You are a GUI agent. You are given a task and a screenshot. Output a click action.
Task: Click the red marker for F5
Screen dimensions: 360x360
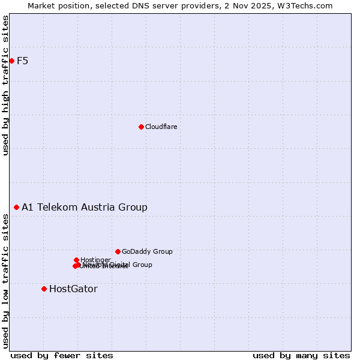pos(11,61)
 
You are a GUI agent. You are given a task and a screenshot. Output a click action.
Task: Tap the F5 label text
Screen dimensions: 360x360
pos(23,61)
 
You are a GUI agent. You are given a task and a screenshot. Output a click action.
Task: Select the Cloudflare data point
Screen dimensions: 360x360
pos(141,127)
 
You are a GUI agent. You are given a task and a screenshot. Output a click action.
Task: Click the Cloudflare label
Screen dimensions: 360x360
pos(161,127)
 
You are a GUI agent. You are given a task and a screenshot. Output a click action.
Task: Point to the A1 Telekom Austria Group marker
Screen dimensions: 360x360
pos(17,207)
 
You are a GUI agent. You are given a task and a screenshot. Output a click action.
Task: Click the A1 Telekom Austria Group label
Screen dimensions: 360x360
pos(85,207)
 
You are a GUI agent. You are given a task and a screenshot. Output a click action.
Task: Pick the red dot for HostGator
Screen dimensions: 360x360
pos(44,289)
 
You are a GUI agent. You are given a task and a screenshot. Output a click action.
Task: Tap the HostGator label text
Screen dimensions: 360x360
pos(73,289)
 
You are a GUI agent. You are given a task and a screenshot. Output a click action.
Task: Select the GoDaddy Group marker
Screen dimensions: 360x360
pos(118,251)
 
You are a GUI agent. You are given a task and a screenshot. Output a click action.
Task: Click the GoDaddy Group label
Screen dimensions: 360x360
pos(147,251)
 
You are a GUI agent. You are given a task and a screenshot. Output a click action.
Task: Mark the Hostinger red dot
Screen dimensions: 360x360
pos(76,260)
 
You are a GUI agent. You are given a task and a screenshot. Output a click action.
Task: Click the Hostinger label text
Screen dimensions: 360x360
pos(95,260)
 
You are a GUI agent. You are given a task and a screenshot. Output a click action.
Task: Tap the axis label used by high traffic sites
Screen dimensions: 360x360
pos(6,85)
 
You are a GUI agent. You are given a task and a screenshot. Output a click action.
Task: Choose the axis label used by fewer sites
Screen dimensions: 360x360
pos(62,355)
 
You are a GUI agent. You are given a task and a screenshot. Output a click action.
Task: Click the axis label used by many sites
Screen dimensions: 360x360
pos(301,355)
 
